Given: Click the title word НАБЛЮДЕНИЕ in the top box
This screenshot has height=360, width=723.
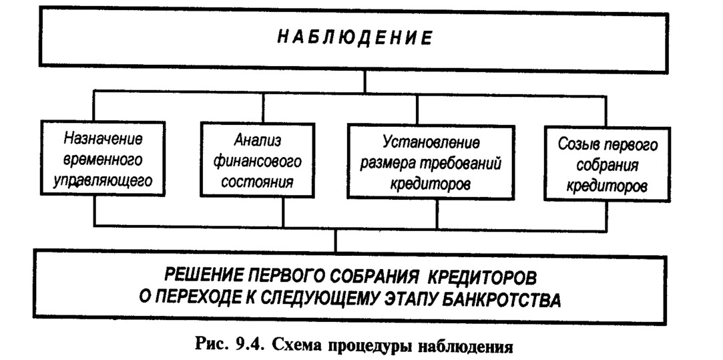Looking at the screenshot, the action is coord(354,38).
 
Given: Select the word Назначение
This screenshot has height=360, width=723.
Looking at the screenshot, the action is coord(103,138).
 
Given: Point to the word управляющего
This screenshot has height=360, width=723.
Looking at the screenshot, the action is coord(103,180).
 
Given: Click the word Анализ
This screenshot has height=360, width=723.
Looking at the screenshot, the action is coord(257,139).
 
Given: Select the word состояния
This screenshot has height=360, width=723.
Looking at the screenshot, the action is coord(257,182).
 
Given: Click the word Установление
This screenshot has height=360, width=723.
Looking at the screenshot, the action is coord(431,142).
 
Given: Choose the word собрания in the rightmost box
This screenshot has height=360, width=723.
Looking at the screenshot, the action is coord(608,166).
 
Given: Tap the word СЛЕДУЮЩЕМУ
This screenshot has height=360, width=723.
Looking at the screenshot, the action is coord(320,299).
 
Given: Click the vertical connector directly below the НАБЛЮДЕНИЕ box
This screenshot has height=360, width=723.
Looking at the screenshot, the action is coord(365,82).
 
